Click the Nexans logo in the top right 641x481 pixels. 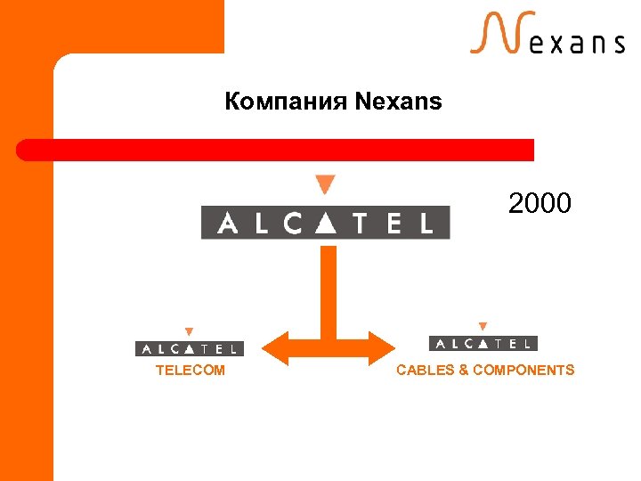tap(547, 36)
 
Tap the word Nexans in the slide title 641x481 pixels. tap(398, 102)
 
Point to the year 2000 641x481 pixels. tap(540, 204)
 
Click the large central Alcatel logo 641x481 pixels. tap(326, 223)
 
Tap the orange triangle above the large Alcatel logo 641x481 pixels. tap(326, 184)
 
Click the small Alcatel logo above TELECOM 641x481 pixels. tap(189, 349)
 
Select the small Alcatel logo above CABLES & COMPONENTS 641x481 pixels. tap(483, 344)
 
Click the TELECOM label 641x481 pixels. tap(191, 371)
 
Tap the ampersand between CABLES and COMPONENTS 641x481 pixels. tap(464, 371)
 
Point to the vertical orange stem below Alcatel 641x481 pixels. tap(329, 285)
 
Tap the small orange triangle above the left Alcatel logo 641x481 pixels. tap(189, 331)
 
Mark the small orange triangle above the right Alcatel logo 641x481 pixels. tap(483, 327)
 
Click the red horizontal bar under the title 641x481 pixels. tap(276, 150)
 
